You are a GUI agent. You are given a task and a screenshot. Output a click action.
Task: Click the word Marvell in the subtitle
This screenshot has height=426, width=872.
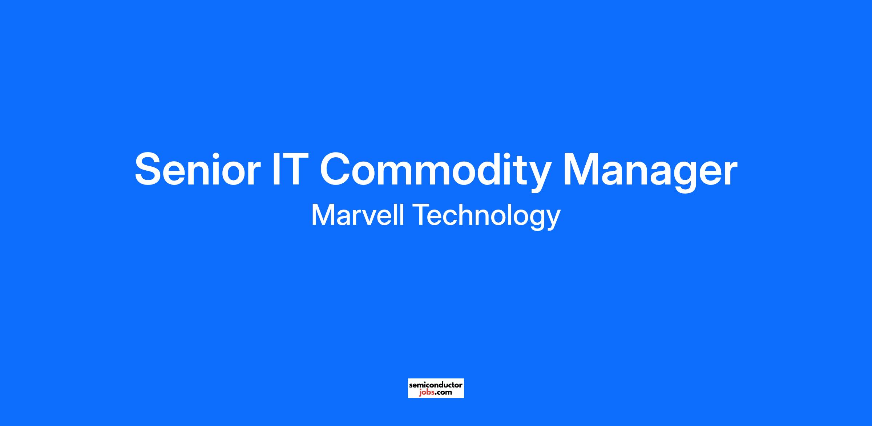click(x=358, y=215)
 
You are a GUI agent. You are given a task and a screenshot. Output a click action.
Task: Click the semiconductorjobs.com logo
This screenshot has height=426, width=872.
click(x=436, y=388)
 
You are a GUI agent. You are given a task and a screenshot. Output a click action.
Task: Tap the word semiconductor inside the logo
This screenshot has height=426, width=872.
click(x=436, y=385)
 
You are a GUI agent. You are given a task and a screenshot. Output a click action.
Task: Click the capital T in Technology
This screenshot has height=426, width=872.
click(x=421, y=215)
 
